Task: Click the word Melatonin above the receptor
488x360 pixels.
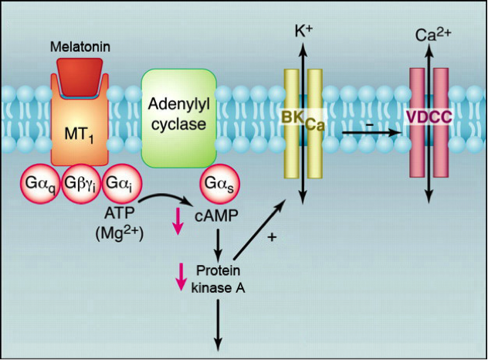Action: (81, 47)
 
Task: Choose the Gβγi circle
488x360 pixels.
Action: (81, 186)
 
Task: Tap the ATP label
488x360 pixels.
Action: (117, 211)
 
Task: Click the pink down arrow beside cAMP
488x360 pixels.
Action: (178, 221)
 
